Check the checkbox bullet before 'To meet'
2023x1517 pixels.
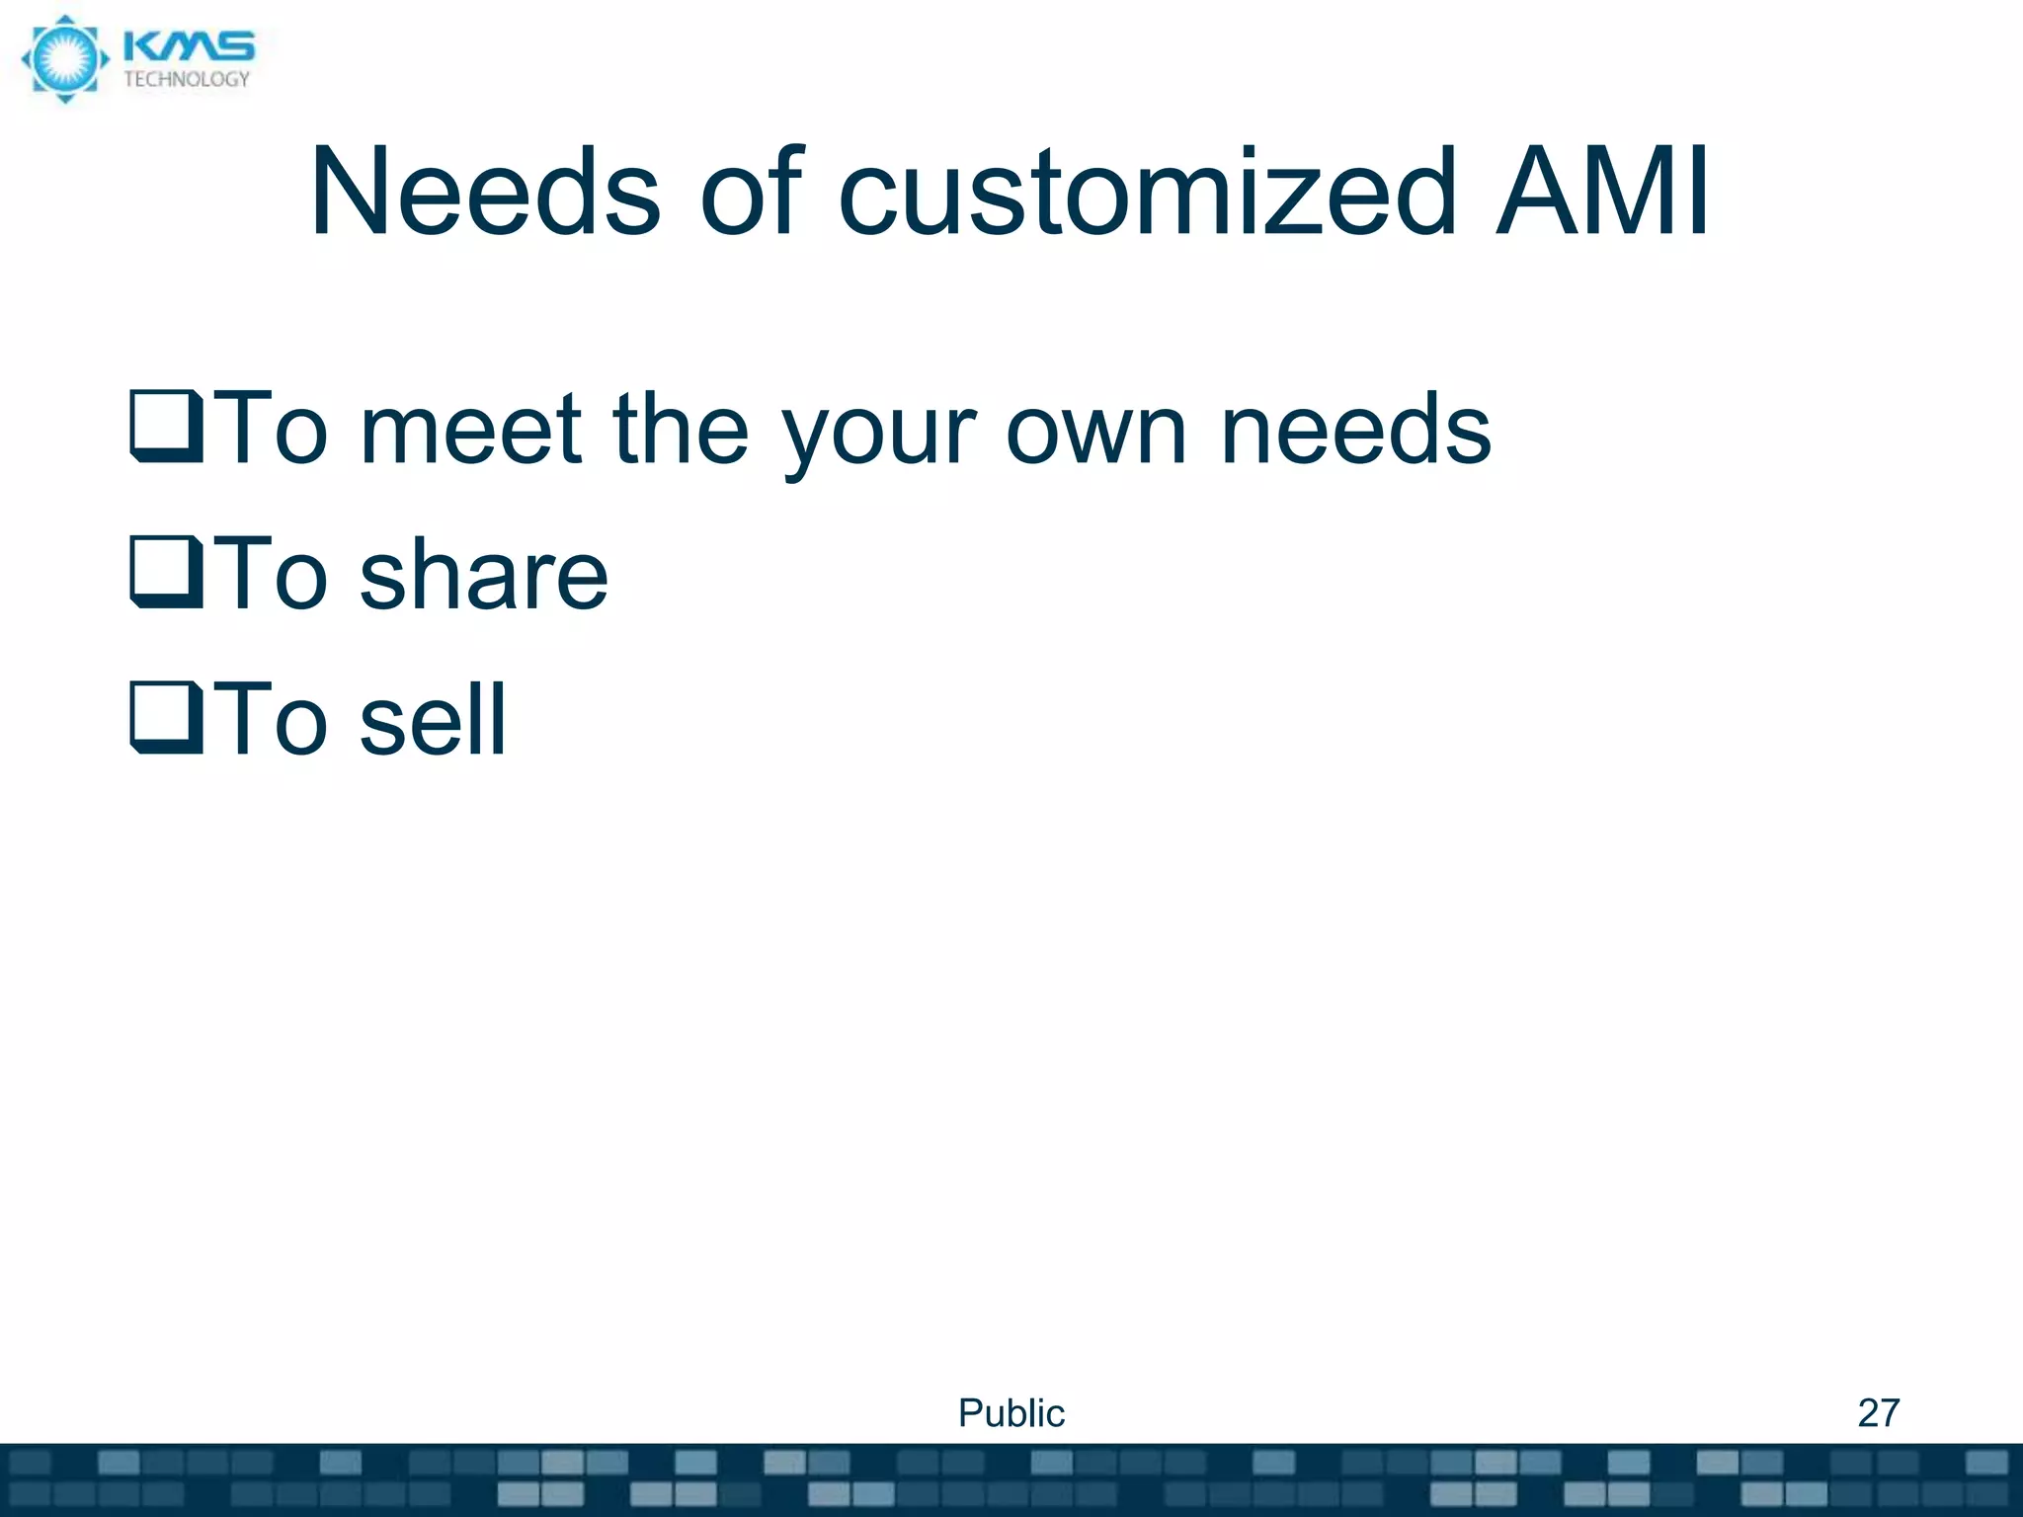pyautogui.click(x=167, y=427)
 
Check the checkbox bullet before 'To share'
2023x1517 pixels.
pyautogui.click(x=167, y=572)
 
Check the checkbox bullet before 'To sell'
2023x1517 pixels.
pyautogui.click(x=167, y=718)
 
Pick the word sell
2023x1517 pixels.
pyautogui.click(x=433, y=720)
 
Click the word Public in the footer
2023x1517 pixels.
pyautogui.click(x=1011, y=1413)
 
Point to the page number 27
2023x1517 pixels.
pyautogui.click(x=1878, y=1413)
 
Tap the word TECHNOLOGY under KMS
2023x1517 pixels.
pyautogui.click(x=187, y=80)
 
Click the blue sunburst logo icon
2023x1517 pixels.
pyautogui.click(x=64, y=59)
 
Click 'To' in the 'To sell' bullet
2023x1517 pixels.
pyautogui.click(x=270, y=720)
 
